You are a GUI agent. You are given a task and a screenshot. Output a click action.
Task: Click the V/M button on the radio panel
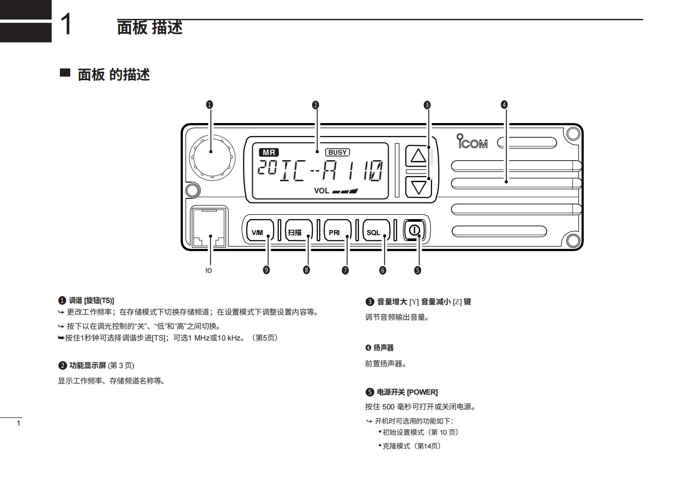[258, 232]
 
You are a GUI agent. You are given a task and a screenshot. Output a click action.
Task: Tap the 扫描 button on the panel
[296, 232]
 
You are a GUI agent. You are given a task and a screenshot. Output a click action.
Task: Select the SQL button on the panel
[374, 232]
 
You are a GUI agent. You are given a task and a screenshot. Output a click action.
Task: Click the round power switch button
[414, 230]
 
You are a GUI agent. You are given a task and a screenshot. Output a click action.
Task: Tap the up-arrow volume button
[418, 155]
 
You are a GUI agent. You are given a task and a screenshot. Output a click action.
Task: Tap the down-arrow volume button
[418, 187]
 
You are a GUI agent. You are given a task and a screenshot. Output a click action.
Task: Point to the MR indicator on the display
[269, 152]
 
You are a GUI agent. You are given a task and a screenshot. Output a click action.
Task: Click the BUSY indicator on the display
[337, 152]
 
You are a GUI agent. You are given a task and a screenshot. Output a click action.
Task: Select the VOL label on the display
[321, 191]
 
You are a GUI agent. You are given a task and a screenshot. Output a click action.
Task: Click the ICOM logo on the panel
[472, 142]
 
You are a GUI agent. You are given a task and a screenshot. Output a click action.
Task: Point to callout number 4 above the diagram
[504, 105]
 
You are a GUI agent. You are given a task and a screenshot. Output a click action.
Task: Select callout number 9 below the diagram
[266, 270]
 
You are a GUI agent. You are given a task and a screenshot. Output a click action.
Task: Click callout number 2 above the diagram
[315, 105]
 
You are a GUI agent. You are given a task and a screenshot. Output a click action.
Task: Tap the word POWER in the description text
[422, 392]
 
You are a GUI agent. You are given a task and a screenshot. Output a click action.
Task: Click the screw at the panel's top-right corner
[573, 134]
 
